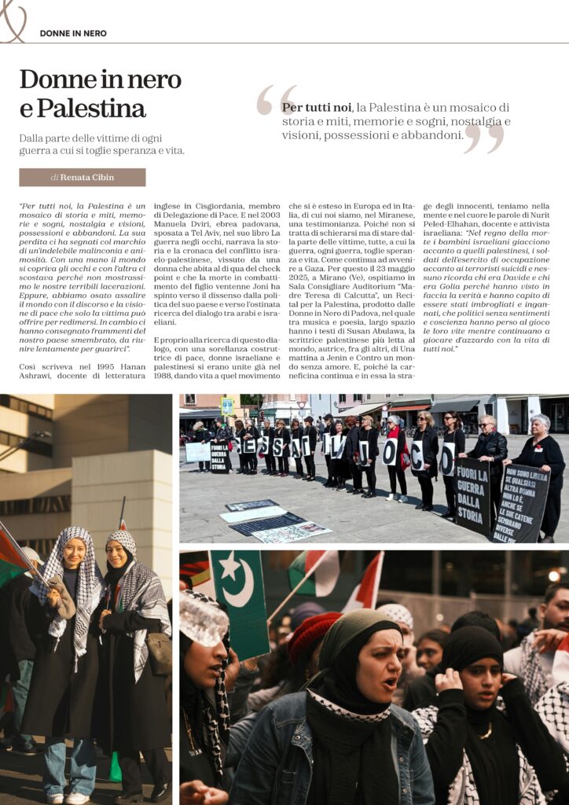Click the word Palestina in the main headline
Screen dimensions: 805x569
point(102,107)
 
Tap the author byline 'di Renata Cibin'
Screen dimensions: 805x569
point(82,178)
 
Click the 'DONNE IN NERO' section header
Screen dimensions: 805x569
point(73,33)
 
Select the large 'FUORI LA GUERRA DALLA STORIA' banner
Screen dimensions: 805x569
point(473,496)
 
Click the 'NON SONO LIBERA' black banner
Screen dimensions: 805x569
point(520,503)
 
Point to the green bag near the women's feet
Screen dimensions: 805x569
point(115,766)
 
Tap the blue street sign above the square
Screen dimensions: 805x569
point(226,406)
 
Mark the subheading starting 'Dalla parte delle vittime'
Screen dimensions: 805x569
point(102,144)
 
